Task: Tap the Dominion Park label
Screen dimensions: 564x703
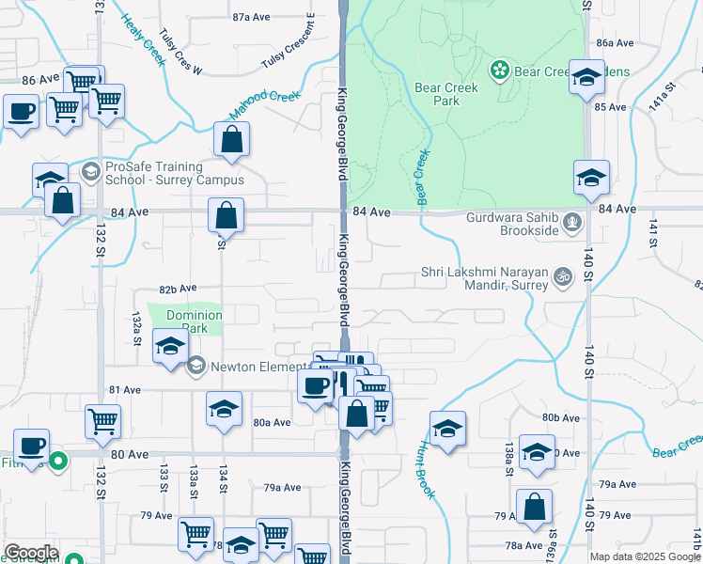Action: [195, 322]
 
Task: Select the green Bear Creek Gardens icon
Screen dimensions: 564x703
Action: [499, 70]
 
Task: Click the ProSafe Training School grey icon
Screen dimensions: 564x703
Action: [90, 170]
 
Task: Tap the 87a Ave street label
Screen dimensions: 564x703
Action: [252, 17]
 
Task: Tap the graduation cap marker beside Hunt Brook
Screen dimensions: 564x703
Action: [448, 428]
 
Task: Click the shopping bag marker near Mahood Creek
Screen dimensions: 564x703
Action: [231, 140]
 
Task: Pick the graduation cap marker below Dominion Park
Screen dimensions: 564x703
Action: [170, 348]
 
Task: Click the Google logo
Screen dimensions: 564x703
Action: [31, 553]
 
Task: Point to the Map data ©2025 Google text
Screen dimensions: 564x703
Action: [645, 556]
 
